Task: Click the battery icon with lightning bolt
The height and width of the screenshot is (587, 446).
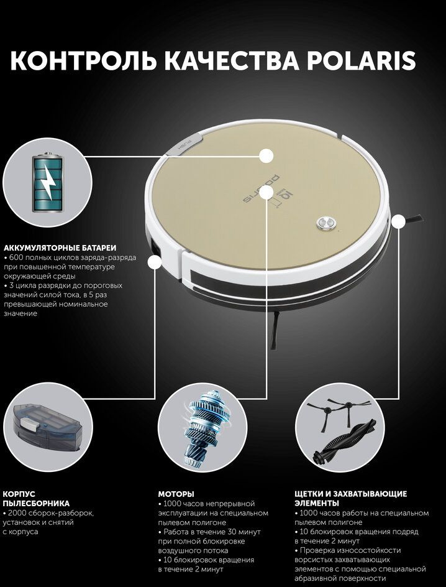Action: [47, 182]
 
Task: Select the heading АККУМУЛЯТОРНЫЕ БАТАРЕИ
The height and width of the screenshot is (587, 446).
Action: [60, 248]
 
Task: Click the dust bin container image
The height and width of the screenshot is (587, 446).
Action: [47, 426]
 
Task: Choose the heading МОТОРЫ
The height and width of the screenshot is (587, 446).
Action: [176, 494]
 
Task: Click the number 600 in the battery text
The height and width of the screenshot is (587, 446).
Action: [17, 257]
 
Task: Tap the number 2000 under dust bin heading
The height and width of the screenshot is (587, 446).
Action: [19, 513]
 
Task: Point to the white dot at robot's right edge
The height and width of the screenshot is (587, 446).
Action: [399, 221]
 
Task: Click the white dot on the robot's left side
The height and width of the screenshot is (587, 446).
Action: [155, 262]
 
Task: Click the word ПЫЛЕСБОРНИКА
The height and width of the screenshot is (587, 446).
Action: [36, 504]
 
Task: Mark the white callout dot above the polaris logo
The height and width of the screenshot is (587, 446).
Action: [266, 155]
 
